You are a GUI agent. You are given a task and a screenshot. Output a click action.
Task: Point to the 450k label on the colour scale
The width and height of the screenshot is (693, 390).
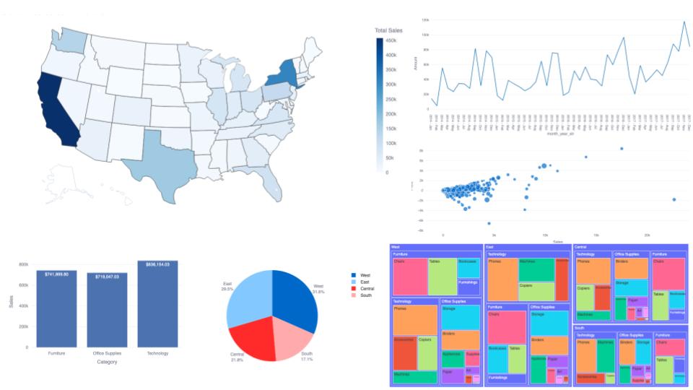click(x=391, y=40)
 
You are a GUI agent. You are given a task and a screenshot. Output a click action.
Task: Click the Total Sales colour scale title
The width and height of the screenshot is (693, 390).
click(x=388, y=30)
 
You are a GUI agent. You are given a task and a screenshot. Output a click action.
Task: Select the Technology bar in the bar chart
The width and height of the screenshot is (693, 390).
click(x=157, y=303)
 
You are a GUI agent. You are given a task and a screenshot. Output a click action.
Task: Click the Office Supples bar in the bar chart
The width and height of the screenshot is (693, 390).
click(x=107, y=309)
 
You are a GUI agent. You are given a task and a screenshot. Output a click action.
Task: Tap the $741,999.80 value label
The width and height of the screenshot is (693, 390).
click(x=56, y=274)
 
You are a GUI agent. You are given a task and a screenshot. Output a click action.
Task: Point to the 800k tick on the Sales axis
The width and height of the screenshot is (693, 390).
click(x=24, y=264)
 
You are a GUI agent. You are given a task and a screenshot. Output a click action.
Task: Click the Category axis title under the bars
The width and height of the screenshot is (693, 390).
click(x=107, y=362)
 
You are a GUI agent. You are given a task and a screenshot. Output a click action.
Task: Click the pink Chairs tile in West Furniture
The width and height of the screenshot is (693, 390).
click(x=409, y=276)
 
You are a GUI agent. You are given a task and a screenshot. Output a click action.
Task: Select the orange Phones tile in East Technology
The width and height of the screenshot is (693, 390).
click(x=504, y=279)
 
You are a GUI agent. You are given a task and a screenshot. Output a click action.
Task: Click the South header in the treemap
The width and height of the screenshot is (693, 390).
click(x=579, y=327)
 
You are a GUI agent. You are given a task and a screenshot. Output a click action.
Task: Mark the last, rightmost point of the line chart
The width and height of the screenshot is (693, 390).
click(x=689, y=45)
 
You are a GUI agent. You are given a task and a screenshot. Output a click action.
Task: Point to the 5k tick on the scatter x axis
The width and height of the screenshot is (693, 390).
click(x=494, y=235)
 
